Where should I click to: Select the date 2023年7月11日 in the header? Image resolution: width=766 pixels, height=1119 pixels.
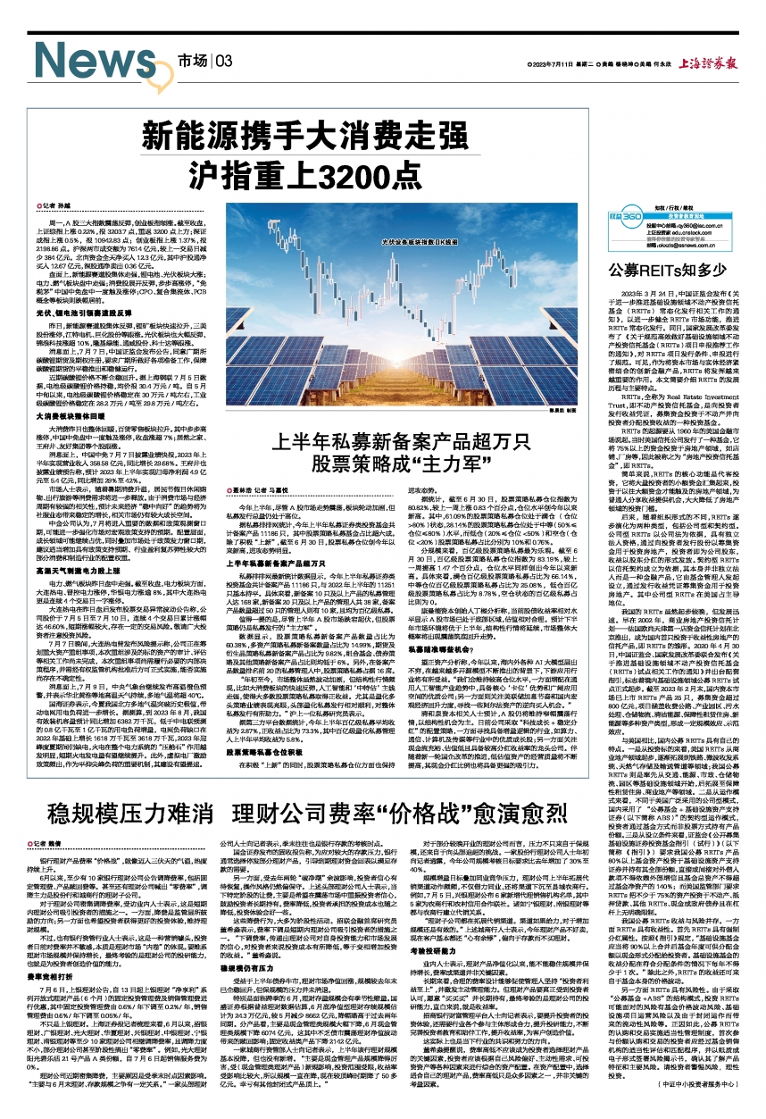562,64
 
